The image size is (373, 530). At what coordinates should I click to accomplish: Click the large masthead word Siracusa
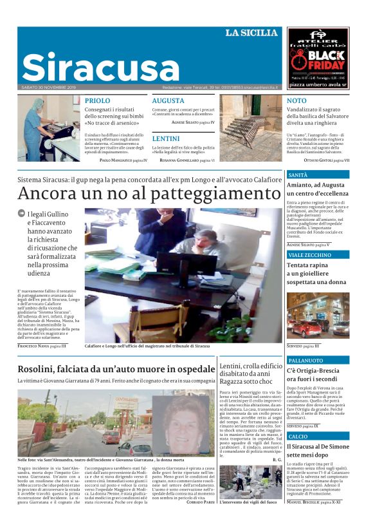(x=100, y=67)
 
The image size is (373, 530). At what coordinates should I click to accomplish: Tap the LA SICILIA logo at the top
(x=251, y=33)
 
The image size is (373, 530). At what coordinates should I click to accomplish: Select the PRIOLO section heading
(x=97, y=100)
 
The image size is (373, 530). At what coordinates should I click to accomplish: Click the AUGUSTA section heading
(x=168, y=100)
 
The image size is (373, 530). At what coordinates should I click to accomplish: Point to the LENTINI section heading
(x=165, y=138)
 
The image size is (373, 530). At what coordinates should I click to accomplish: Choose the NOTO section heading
(x=296, y=100)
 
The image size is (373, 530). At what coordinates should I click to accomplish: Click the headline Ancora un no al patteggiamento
(x=140, y=193)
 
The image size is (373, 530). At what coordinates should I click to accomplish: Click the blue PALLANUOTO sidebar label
(x=305, y=360)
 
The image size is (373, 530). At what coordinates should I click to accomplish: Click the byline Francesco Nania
(x=39, y=346)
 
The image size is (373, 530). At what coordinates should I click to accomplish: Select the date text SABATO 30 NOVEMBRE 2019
(x=49, y=87)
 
